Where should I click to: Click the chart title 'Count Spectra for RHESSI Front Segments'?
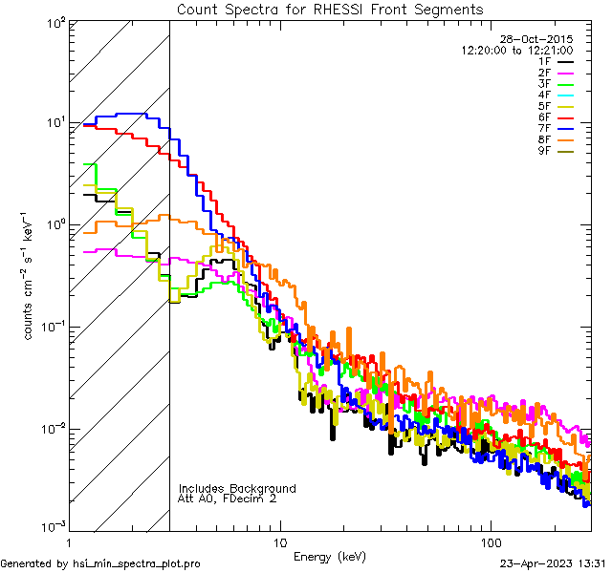click(331, 9)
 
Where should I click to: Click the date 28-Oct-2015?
click(538, 39)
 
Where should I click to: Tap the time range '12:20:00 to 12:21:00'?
click(516, 50)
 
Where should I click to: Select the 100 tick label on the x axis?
click(490, 541)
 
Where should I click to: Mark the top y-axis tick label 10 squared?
click(54, 21)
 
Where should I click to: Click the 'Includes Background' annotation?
click(237, 488)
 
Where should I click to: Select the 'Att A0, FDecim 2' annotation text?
click(228, 499)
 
